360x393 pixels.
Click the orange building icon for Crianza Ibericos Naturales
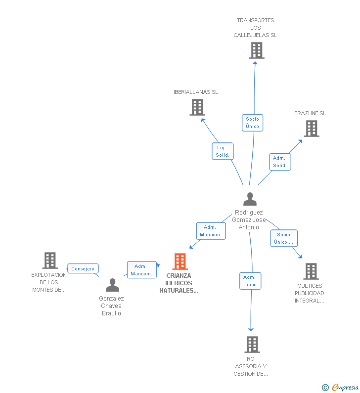pyautogui.click(x=180, y=262)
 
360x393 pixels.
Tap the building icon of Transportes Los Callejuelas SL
pyautogui.click(x=257, y=50)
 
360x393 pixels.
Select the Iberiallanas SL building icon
pyautogui.click(x=197, y=107)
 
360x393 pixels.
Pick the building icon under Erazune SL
pyautogui.click(x=312, y=129)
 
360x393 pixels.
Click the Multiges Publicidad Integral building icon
pyautogui.click(x=311, y=271)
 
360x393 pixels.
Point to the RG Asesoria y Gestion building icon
pyautogui.click(x=252, y=345)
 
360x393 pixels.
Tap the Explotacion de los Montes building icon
pyautogui.click(x=50, y=261)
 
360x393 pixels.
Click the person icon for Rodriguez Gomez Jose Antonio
pyautogui.click(x=250, y=199)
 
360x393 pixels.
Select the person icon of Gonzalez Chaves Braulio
pyautogui.click(x=113, y=285)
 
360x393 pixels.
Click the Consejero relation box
pyautogui.click(x=83, y=269)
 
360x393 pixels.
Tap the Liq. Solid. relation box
pyautogui.click(x=223, y=151)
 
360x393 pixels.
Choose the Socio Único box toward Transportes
pyautogui.click(x=253, y=123)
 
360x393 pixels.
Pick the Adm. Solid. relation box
pyautogui.click(x=280, y=162)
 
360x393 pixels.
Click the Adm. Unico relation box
pyautogui.click(x=250, y=281)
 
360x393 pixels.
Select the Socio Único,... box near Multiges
pyautogui.click(x=284, y=238)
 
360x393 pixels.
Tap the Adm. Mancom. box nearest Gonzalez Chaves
pyautogui.click(x=141, y=270)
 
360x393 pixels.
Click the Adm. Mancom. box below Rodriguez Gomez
pyautogui.click(x=211, y=231)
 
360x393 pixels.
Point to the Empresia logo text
pyautogui.click(x=345, y=387)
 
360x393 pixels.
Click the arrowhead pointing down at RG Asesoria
pyautogui.click(x=251, y=329)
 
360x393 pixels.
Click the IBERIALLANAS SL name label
pyautogui.click(x=196, y=92)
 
